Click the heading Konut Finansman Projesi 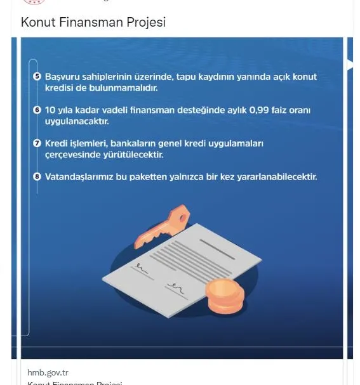pos(93,22)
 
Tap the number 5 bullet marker pos(37,77)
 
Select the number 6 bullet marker pos(37,110)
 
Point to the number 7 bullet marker pos(37,143)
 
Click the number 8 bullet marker pos(37,177)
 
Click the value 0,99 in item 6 pos(259,110)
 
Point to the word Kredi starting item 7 pos(56,143)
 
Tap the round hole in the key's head pos(181,216)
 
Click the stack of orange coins pos(224,296)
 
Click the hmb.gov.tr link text pos(48,372)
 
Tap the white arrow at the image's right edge pos(349,64)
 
